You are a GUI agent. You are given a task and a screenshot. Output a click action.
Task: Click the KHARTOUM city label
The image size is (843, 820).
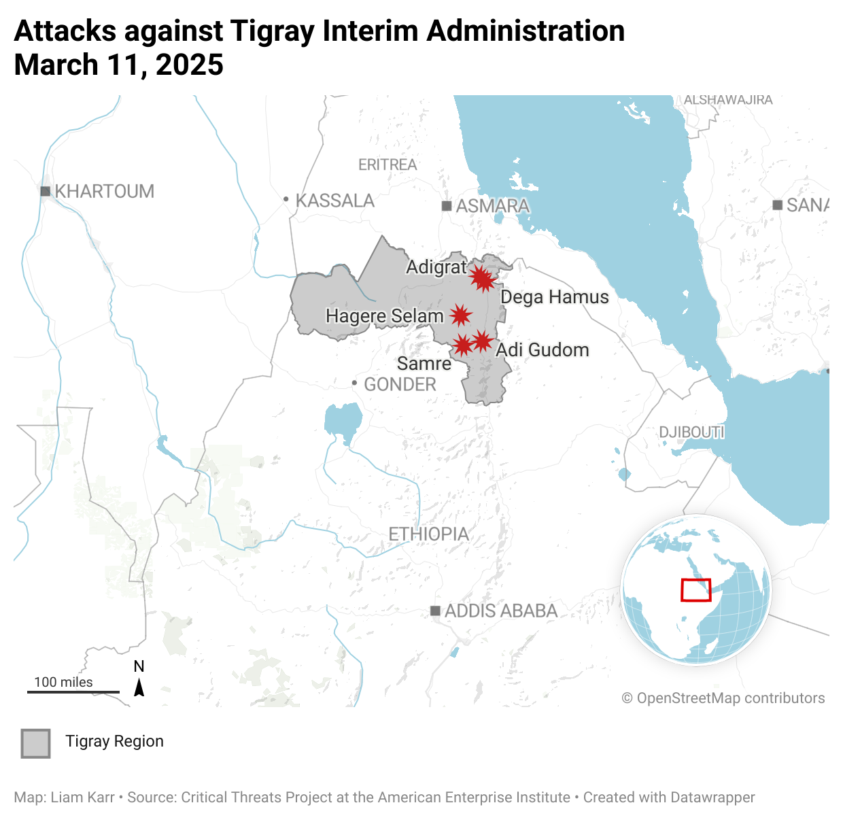[x=104, y=192]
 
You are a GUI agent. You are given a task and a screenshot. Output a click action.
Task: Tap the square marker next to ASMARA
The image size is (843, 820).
[x=447, y=206]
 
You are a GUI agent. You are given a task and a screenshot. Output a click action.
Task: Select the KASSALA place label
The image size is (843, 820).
[x=335, y=201]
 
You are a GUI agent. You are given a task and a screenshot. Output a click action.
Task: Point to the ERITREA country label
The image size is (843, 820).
[x=388, y=165]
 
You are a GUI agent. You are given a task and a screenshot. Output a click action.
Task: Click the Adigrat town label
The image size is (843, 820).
[x=436, y=267]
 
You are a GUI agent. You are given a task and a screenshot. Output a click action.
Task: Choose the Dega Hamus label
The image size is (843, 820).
[x=555, y=297]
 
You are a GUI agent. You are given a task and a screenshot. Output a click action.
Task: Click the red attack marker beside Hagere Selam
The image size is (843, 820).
[x=460, y=315]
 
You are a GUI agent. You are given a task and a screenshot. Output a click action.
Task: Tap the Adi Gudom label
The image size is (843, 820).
[x=543, y=350]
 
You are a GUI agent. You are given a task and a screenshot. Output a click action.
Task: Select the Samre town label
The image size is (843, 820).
[x=424, y=364]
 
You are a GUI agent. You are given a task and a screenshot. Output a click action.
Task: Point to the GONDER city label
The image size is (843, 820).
[x=400, y=385]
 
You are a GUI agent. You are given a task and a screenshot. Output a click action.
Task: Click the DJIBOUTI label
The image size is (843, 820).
[x=691, y=432]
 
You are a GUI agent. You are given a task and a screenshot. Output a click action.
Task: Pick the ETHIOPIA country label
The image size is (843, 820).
[x=428, y=534]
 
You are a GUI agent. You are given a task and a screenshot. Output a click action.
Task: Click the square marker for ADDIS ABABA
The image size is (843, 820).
[x=435, y=611]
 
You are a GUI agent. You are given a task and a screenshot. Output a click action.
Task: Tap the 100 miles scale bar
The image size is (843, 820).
[x=73, y=691]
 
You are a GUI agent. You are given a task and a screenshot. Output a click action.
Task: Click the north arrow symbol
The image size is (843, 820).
[x=139, y=688]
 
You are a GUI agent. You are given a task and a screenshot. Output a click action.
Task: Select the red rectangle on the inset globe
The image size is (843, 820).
[x=695, y=590]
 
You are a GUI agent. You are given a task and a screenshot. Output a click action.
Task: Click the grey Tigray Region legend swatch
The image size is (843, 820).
[x=35, y=743]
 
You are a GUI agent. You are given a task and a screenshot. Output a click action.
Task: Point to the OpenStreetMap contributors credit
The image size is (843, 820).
[x=723, y=698]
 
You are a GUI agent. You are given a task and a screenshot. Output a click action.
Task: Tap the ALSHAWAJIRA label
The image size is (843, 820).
[x=728, y=100]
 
